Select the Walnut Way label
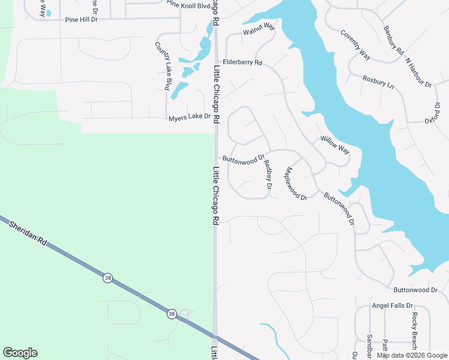pyautogui.click(x=259, y=28)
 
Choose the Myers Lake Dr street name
pyautogui.click(x=190, y=117)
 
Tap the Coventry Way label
pyautogui.click(x=355, y=44)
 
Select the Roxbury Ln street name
pyautogui.click(x=378, y=82)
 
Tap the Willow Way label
pyautogui.click(x=334, y=145)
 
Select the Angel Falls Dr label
pyautogui.click(x=393, y=305)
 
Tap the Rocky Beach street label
pyautogui.click(x=414, y=331)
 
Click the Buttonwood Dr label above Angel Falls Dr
pyautogui.click(x=416, y=290)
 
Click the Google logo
pyautogui.click(x=20, y=353)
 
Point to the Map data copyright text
pyautogui.click(x=412, y=356)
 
